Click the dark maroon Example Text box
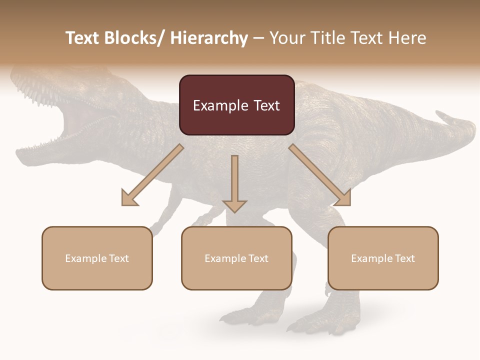pos(236,105)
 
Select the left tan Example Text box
pos(97,258)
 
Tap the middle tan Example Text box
pos(236,258)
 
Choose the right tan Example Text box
pos(383,258)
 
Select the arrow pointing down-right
pos(320,175)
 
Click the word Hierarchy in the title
pos(209,38)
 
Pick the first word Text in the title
pos(82,38)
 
